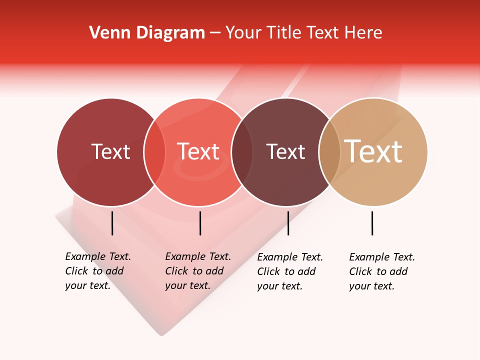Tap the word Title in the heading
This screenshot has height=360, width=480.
click(x=284, y=33)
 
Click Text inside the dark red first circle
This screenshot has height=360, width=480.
click(x=110, y=151)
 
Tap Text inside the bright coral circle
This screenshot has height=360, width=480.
click(x=198, y=151)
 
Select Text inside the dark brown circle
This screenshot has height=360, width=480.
click(x=285, y=151)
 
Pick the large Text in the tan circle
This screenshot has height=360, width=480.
click(x=373, y=151)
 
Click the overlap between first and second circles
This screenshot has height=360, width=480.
click(x=154, y=151)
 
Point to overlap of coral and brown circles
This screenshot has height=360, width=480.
click(x=242, y=151)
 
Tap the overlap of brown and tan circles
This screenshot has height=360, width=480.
click(x=329, y=151)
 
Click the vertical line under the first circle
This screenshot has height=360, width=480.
click(x=112, y=223)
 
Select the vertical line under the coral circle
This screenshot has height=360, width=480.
click(x=200, y=223)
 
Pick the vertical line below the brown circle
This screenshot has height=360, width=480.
click(x=288, y=223)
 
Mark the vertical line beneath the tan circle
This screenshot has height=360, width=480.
click(x=372, y=223)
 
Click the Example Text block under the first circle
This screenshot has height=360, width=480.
click(x=97, y=271)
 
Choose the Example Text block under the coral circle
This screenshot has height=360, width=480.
click(x=197, y=271)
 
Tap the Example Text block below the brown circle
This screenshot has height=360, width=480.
click(x=289, y=271)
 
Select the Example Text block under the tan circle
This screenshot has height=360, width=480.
click(x=381, y=271)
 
